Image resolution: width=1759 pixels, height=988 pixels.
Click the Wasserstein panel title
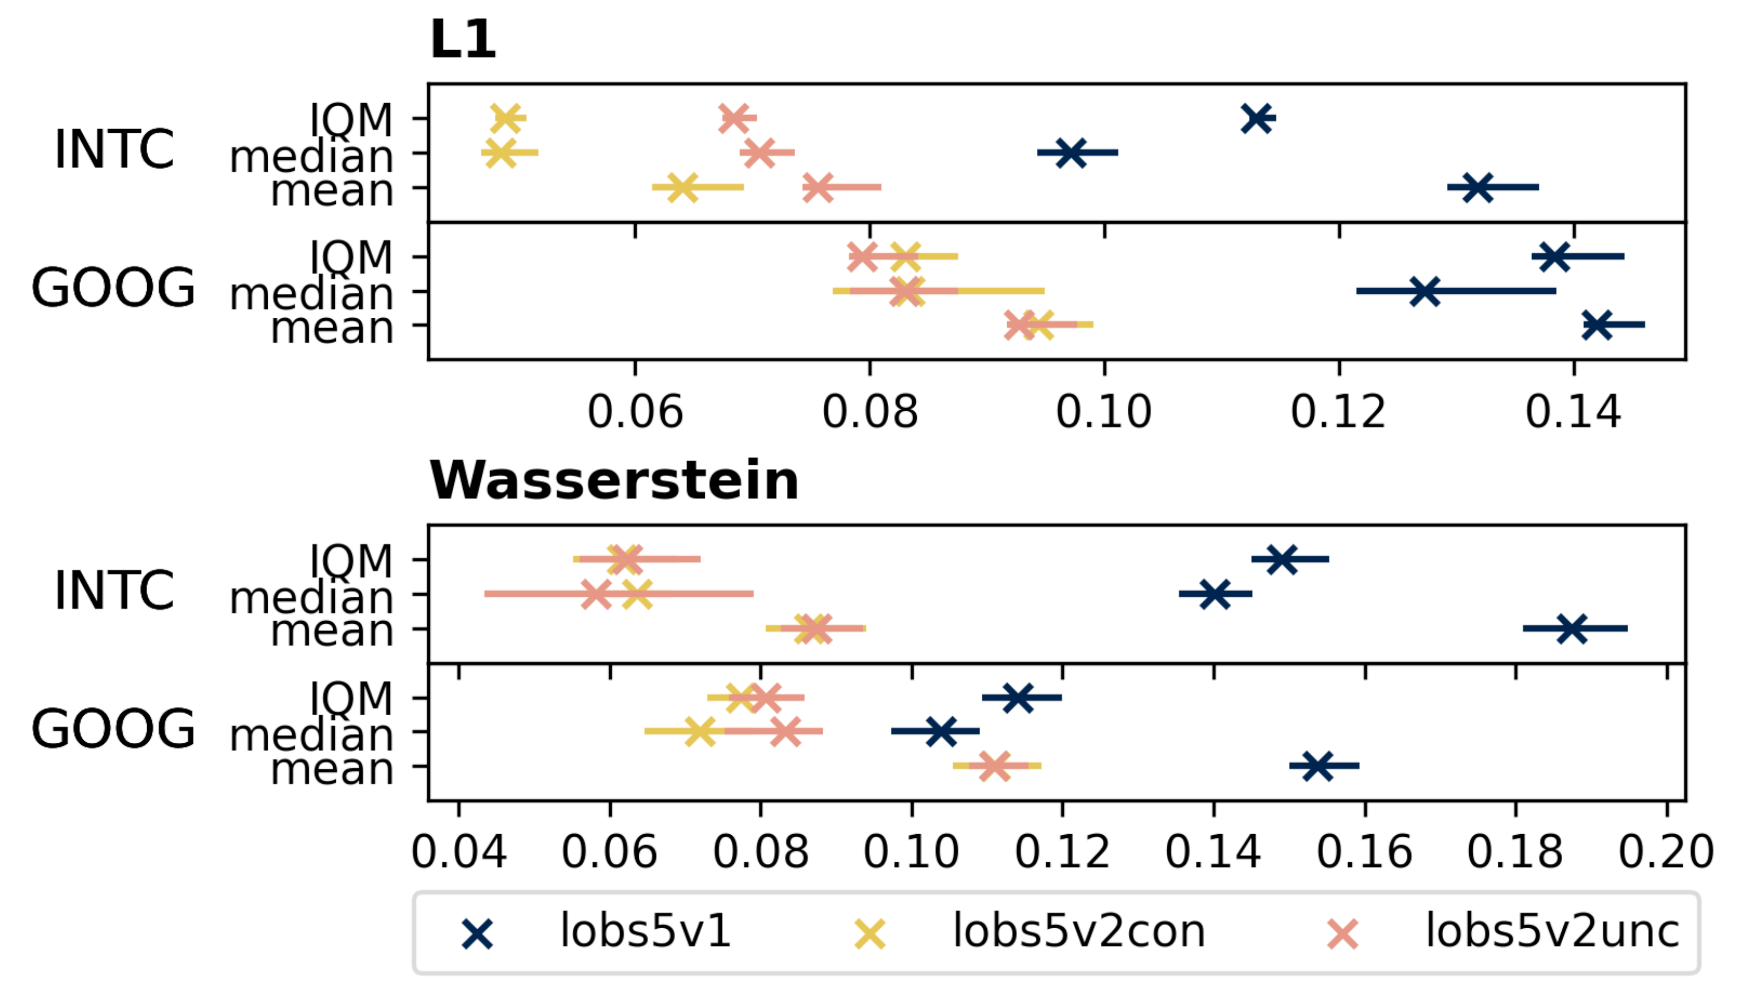click(613, 481)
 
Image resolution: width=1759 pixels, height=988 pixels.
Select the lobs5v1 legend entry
click(645, 931)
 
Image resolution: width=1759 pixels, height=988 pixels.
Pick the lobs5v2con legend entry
click(1078, 931)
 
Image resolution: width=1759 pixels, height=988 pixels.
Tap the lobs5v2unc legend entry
click(1552, 931)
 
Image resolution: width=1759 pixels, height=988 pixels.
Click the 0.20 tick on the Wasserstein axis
click(1666, 853)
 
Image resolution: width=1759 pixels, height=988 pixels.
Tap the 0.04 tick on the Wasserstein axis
click(458, 853)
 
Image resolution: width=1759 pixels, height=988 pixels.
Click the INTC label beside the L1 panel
click(114, 150)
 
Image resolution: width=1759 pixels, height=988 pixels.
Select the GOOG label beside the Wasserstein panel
click(113, 728)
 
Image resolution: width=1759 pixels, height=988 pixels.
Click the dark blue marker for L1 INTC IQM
click(1256, 117)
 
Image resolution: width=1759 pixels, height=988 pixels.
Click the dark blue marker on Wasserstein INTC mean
click(1572, 629)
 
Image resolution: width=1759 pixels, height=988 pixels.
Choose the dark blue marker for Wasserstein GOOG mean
click(1317, 766)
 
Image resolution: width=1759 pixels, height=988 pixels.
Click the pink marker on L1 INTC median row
click(758, 152)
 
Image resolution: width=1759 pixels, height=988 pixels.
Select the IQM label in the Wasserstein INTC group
click(351, 561)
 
